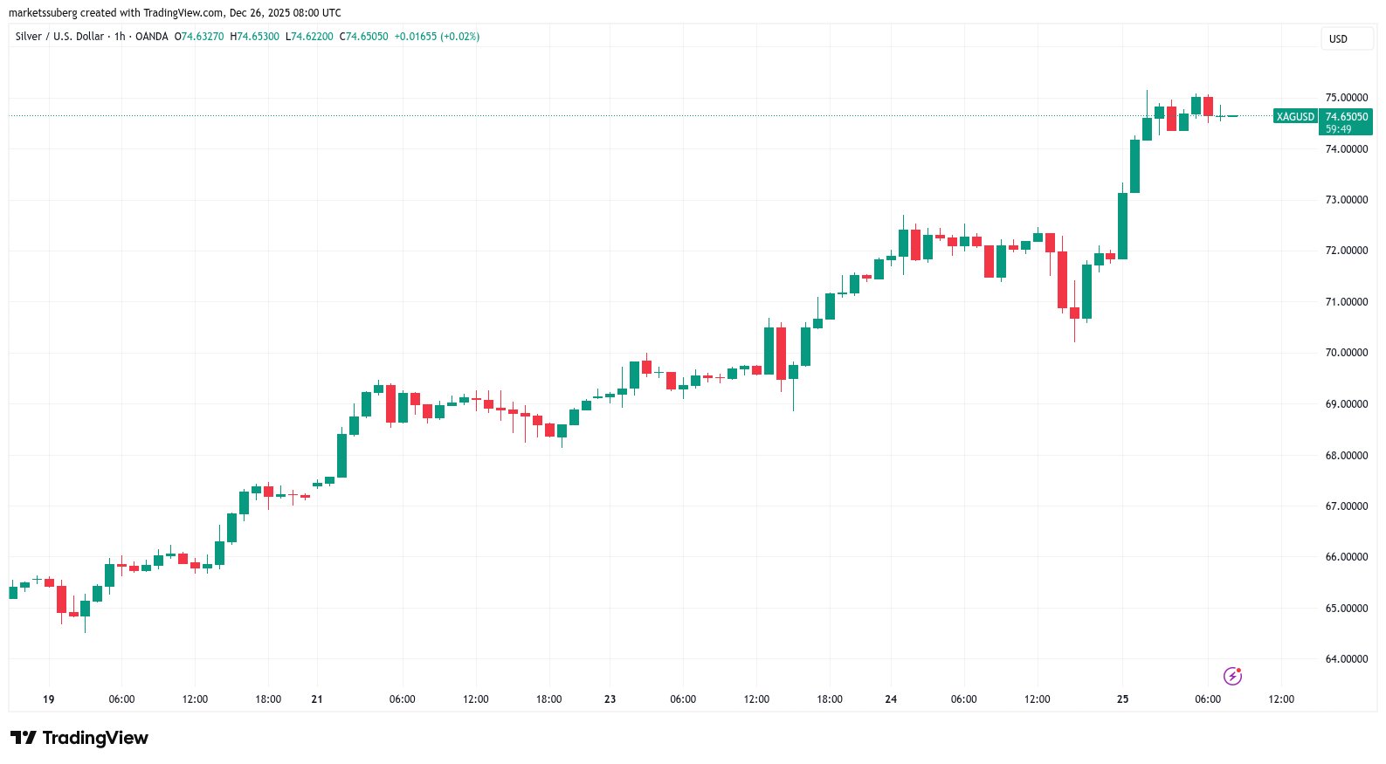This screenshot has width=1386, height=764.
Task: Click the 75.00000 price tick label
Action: pos(1346,98)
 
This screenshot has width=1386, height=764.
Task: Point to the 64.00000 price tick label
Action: pos(1346,659)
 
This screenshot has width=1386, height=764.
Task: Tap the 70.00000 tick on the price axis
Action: pos(1346,353)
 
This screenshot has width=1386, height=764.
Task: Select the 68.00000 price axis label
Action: pos(1346,456)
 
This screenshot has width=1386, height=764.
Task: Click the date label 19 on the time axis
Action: pos(49,699)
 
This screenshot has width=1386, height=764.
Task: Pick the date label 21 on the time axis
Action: pos(317,699)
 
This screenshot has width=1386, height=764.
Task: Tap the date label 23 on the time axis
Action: pos(610,699)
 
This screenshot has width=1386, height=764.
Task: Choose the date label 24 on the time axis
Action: pos(891,699)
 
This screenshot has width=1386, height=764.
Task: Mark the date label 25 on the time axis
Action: pos(1122,699)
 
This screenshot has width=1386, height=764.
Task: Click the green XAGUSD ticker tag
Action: pos(1294,117)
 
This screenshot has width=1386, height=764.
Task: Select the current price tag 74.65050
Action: pos(1346,117)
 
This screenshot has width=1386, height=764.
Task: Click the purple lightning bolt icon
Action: pos(1232,676)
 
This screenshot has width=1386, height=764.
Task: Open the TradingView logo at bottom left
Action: pos(79,739)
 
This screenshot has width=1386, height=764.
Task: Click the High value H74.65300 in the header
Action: pos(254,37)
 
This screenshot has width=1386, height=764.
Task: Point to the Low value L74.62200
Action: pos(309,37)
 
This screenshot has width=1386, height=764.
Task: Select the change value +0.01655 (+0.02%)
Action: pos(437,37)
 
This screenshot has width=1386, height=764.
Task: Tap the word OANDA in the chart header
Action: pos(152,37)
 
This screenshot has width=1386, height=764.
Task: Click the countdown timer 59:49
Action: pos(1338,129)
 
